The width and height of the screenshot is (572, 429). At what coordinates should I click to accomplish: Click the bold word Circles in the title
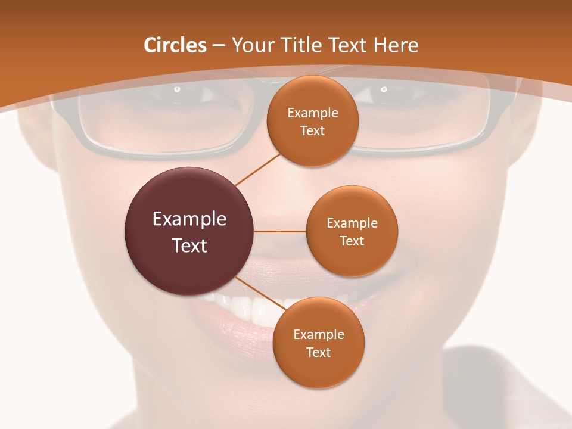point(175,45)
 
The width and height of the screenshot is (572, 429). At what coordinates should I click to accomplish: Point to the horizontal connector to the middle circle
point(280,231)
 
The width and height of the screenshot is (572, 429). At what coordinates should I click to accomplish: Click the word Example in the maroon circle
point(189,219)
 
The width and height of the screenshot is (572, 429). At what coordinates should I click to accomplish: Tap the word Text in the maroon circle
point(189,245)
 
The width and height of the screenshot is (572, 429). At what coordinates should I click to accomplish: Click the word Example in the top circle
point(313,113)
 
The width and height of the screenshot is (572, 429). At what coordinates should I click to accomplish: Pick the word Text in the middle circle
point(352,241)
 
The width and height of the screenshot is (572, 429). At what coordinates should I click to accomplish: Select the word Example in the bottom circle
point(319,335)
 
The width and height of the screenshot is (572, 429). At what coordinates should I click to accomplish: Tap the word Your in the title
point(248,45)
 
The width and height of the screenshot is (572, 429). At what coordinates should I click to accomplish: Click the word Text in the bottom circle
point(319,353)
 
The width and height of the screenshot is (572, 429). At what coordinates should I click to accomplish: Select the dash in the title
point(219,45)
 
